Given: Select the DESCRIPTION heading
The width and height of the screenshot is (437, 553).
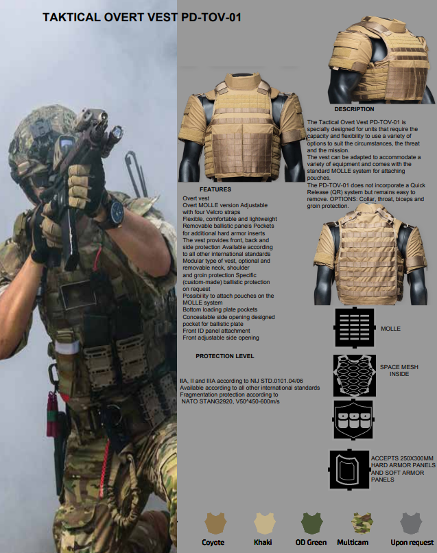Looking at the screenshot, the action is (x=354, y=109).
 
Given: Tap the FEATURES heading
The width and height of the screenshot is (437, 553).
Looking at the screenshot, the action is (x=215, y=189).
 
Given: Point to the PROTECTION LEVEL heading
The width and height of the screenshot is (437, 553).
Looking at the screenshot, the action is (x=224, y=356).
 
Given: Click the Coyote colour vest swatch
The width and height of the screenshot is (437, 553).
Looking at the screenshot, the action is (x=215, y=523).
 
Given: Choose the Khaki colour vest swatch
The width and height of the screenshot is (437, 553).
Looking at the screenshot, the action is (x=265, y=523).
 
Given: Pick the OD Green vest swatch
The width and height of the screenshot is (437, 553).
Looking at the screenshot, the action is (x=311, y=523).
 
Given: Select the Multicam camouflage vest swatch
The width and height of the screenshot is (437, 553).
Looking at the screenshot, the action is (x=362, y=523).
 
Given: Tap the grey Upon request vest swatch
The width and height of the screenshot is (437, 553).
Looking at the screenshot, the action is (x=411, y=523).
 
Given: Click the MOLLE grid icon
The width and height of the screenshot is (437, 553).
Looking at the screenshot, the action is (x=355, y=328).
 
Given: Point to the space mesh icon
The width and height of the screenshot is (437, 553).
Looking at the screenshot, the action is (x=355, y=375).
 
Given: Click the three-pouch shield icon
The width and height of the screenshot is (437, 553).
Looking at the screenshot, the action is (x=353, y=420).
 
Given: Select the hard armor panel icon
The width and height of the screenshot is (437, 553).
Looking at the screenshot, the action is (x=349, y=469).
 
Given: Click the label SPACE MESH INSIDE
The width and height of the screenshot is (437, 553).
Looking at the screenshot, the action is (x=399, y=370).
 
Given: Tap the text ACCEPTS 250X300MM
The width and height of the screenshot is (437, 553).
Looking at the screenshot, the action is (x=402, y=458).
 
